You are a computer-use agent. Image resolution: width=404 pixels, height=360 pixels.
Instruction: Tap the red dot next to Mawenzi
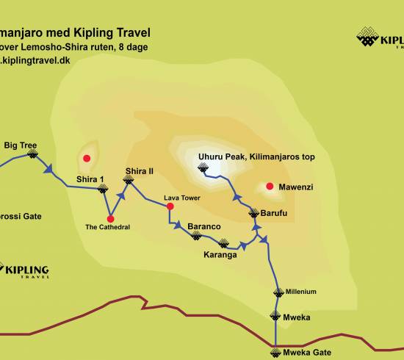coord(270,187)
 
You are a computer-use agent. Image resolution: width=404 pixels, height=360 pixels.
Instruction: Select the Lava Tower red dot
coord(170,206)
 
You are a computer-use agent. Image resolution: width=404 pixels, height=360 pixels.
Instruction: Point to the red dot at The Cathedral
coord(110,218)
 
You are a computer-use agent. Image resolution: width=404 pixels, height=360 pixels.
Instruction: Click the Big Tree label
coord(20,145)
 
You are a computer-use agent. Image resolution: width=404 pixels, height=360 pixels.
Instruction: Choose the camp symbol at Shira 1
coord(103,189)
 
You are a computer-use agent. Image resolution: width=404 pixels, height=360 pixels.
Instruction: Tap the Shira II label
coord(140,171)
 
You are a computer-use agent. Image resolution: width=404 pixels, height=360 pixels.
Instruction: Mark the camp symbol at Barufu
coord(253,214)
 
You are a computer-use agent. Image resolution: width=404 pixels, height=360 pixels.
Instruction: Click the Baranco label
coord(204,226)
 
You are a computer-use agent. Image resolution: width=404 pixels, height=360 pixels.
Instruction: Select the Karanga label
coord(220,255)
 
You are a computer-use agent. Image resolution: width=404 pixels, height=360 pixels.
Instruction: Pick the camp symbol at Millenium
coord(278,292)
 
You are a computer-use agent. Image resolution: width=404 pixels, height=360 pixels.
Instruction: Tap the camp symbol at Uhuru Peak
coord(203,169)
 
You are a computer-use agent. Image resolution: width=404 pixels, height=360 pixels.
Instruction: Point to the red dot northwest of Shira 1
coord(87,158)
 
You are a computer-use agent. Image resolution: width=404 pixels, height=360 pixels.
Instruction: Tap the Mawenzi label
coord(295,187)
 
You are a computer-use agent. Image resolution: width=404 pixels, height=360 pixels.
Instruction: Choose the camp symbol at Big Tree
coord(32,155)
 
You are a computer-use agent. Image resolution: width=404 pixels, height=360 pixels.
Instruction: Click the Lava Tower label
coord(181,198)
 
